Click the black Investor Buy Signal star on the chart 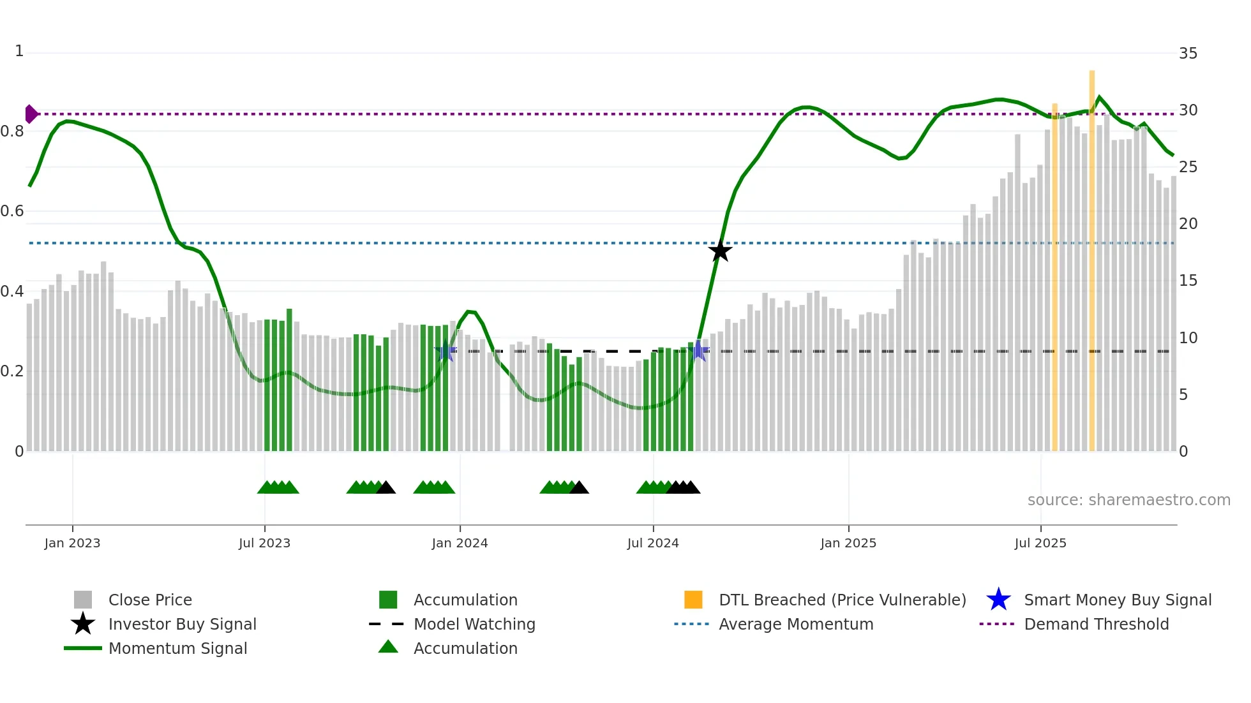(x=720, y=251)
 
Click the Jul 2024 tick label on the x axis (x=653, y=543)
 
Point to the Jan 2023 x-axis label (x=72, y=543)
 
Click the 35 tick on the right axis (x=1188, y=54)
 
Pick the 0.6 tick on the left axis (x=13, y=211)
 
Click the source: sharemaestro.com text (x=1128, y=500)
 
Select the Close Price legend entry (x=150, y=600)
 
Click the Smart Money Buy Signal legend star (x=998, y=600)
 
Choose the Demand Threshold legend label (x=1096, y=624)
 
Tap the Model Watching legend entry (x=474, y=624)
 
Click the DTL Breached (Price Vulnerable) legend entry (x=842, y=600)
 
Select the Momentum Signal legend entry (x=177, y=648)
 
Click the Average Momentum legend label (x=795, y=624)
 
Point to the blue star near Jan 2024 (x=446, y=351)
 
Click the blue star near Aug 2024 (x=698, y=350)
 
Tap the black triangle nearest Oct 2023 (x=386, y=488)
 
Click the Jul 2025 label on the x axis (x=1040, y=543)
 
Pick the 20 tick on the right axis (x=1188, y=224)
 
